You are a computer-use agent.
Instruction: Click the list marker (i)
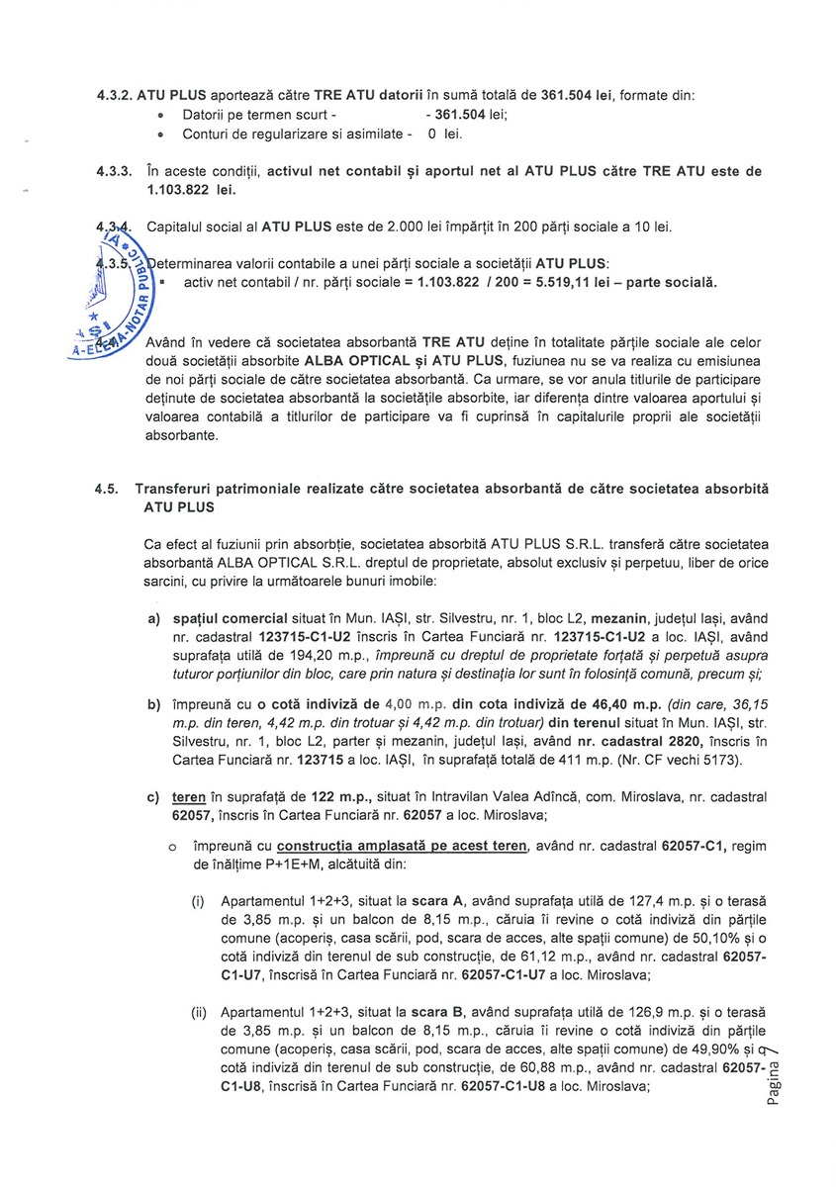click(x=199, y=902)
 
